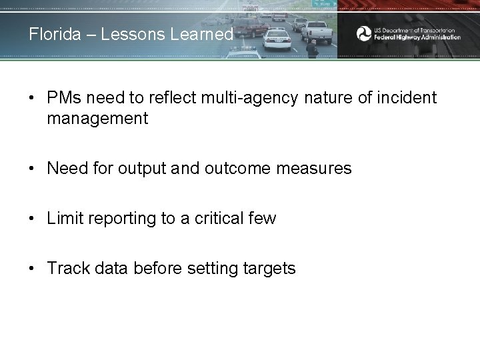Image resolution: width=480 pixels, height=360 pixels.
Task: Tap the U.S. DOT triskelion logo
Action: pyautogui.click(x=363, y=33)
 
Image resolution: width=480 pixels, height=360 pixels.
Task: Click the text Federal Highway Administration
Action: pyautogui.click(x=417, y=37)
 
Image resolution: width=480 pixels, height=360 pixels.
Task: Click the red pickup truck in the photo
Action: pyautogui.click(x=250, y=27)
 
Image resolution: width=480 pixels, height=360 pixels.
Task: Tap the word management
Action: pyautogui.click(x=97, y=119)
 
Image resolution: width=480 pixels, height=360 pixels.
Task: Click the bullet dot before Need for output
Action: pyautogui.click(x=32, y=169)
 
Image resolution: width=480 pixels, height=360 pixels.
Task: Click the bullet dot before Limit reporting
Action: pyautogui.click(x=32, y=219)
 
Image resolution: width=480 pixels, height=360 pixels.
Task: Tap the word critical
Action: pyautogui.click(x=221, y=219)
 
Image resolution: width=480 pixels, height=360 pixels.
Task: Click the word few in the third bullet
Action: pyautogui.click(x=263, y=219)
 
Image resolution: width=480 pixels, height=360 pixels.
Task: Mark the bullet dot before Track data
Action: pyautogui.click(x=32, y=269)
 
